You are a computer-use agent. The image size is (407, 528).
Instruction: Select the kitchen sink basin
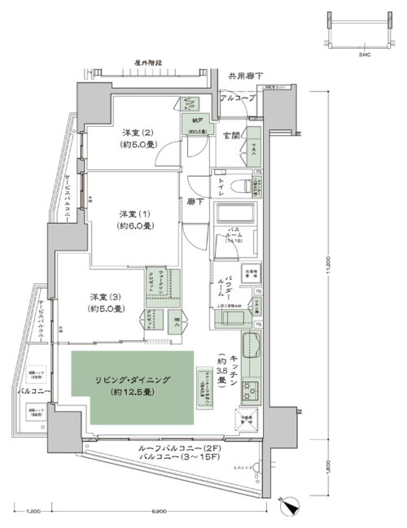(250, 347)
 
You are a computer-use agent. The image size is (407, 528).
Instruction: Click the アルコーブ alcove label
(238, 98)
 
